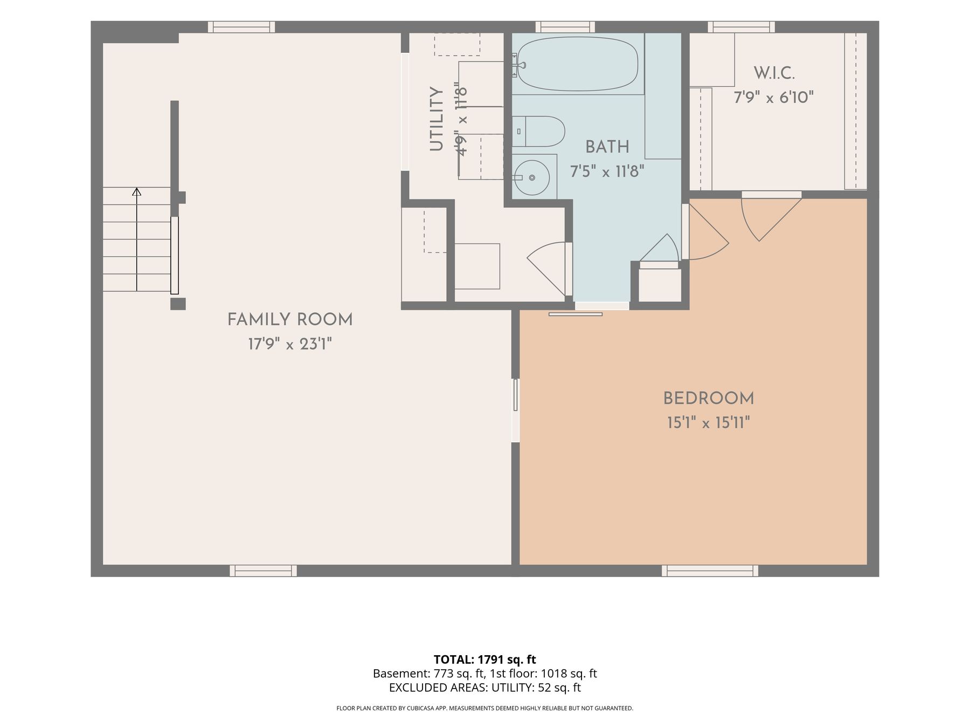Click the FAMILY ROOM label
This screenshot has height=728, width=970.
pyautogui.click(x=290, y=320)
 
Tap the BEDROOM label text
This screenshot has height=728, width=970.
pyautogui.click(x=709, y=399)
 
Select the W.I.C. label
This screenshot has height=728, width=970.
pyautogui.click(x=774, y=73)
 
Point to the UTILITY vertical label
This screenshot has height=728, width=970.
pyautogui.click(x=436, y=119)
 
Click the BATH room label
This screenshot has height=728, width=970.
pyautogui.click(x=607, y=147)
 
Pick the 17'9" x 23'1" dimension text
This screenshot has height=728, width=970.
pyautogui.click(x=290, y=344)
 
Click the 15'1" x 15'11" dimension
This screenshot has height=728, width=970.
pyautogui.click(x=709, y=422)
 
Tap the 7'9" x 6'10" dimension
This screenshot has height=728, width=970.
pyautogui.click(x=774, y=98)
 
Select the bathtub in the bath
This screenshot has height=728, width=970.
pyautogui.click(x=577, y=64)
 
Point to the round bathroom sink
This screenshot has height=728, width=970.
pyautogui.click(x=531, y=177)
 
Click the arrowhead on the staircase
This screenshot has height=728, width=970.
pyautogui.click(x=137, y=191)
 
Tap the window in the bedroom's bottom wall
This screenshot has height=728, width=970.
pyautogui.click(x=710, y=571)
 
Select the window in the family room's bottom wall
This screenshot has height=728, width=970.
pyautogui.click(x=264, y=571)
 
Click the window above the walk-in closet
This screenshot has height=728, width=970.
pyautogui.click(x=742, y=27)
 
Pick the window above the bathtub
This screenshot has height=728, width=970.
pyautogui.click(x=565, y=27)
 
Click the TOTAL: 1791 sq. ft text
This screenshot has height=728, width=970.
pyautogui.click(x=485, y=660)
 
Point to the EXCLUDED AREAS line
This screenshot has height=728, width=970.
pyautogui.click(x=485, y=688)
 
